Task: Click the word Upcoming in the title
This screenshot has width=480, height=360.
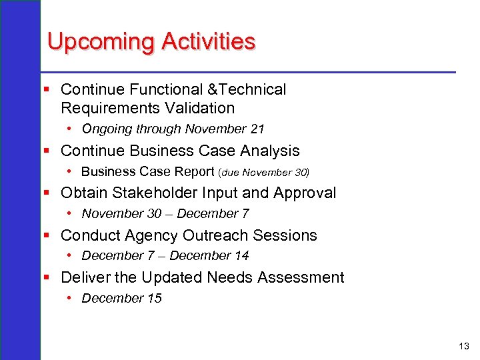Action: [101, 42]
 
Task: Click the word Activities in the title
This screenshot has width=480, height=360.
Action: [207, 42]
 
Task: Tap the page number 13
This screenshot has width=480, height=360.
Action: [464, 346]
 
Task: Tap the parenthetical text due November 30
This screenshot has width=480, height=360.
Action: [264, 172]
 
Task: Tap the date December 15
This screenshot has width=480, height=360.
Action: [121, 299]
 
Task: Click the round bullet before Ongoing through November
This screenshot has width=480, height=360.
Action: [69, 129]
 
